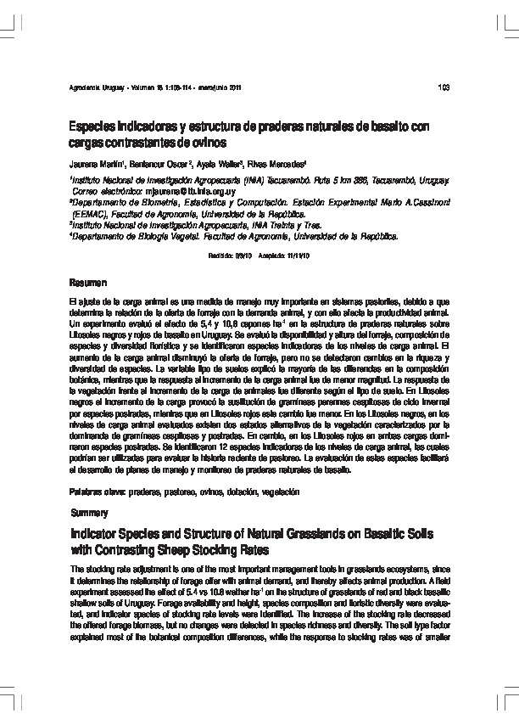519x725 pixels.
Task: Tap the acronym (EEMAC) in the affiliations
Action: (x=91, y=216)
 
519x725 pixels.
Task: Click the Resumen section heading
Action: (x=87, y=281)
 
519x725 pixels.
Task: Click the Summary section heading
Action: (x=90, y=514)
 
